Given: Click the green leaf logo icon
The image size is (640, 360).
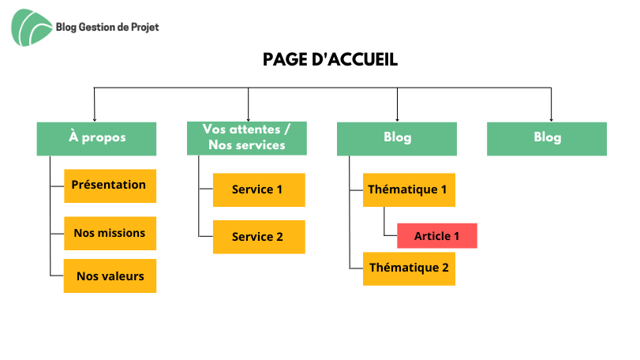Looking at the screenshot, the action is click(32, 28).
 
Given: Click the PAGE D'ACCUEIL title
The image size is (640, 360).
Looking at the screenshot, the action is click(330, 59).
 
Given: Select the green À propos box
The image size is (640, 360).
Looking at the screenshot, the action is click(96, 139).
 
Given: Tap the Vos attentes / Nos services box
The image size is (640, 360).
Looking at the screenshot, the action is click(246, 138).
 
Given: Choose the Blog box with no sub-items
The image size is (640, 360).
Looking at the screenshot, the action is click(547, 139).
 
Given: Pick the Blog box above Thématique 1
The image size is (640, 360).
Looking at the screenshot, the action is click(397, 139).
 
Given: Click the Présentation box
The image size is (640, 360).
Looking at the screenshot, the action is click(110, 186).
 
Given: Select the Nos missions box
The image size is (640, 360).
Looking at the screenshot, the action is click(110, 234).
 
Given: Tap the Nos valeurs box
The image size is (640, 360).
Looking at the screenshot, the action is click(110, 276).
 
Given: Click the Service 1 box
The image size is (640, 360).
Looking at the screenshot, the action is click(259, 189).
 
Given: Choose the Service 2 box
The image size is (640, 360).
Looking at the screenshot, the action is click(259, 237).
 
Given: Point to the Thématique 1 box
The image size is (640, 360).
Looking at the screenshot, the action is click(409, 189).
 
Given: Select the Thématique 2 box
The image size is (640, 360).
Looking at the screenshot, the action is click(409, 268).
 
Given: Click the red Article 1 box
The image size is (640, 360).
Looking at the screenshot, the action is click(437, 236).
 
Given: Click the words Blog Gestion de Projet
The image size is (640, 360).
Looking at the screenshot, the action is click(107, 28).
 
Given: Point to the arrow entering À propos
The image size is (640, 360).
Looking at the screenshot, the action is click(94, 104).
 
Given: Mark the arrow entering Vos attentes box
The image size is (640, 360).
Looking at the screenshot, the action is click(248, 104).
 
